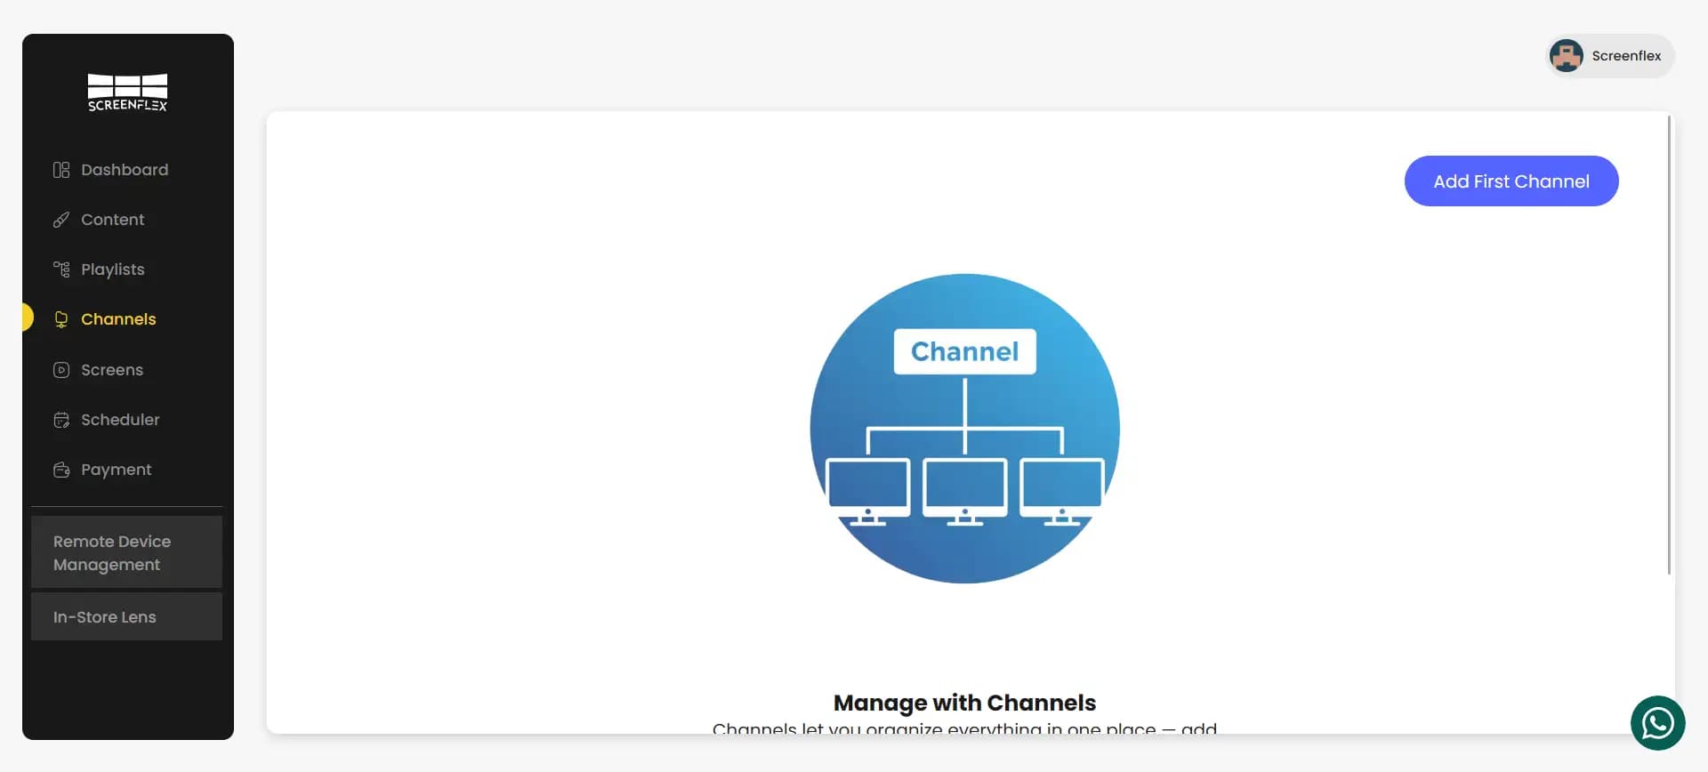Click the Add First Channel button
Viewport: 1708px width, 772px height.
pos(1511,181)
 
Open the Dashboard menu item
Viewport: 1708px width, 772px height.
pos(124,170)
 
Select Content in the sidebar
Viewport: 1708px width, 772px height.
pos(112,220)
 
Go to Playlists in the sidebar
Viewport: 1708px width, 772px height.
pos(112,269)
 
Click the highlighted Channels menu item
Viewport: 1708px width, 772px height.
pos(117,319)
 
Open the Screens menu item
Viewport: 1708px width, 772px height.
pos(111,370)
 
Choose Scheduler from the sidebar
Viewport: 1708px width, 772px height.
pos(120,420)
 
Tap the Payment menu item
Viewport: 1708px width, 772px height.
pos(116,470)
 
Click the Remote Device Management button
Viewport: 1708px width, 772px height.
pos(126,552)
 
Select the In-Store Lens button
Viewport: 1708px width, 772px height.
pos(126,617)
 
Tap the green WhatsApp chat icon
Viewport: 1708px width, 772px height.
pos(1657,723)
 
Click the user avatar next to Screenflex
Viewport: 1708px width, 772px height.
pos(1566,56)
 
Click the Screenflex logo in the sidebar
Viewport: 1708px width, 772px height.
pos(127,92)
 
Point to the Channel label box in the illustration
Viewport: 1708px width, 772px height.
pos(964,351)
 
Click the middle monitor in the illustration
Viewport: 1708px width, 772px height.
pos(964,488)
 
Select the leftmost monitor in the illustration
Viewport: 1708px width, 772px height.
pos(867,488)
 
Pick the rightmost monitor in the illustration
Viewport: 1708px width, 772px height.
pos(1061,488)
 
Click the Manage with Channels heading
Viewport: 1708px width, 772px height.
pos(964,703)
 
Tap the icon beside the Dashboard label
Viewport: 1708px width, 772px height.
pos(61,170)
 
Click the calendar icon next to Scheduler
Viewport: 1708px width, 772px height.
pos(61,420)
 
